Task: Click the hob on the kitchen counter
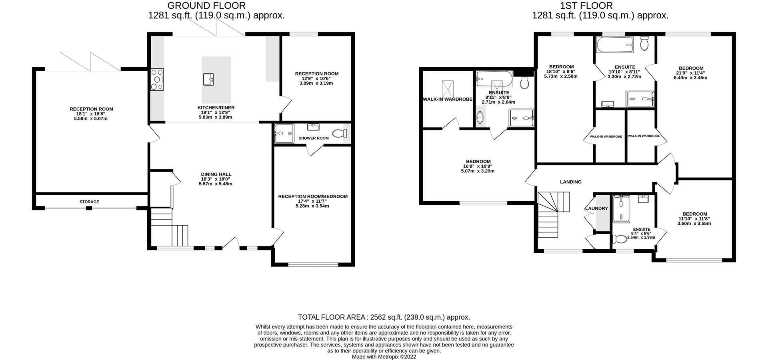click(x=158, y=80)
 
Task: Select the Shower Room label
click(x=313, y=138)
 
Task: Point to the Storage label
click(x=89, y=202)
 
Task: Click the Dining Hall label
click(x=216, y=174)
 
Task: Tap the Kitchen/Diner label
click(x=216, y=108)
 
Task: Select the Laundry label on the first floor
click(x=596, y=208)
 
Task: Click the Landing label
click(x=570, y=182)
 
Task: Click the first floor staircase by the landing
click(x=550, y=216)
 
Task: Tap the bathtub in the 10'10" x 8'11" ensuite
click(x=614, y=44)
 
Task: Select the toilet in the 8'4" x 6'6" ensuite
click(x=620, y=239)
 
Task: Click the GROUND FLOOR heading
click(x=206, y=6)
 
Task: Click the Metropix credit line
click(x=384, y=357)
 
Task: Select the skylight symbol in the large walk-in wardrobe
click(x=448, y=87)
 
